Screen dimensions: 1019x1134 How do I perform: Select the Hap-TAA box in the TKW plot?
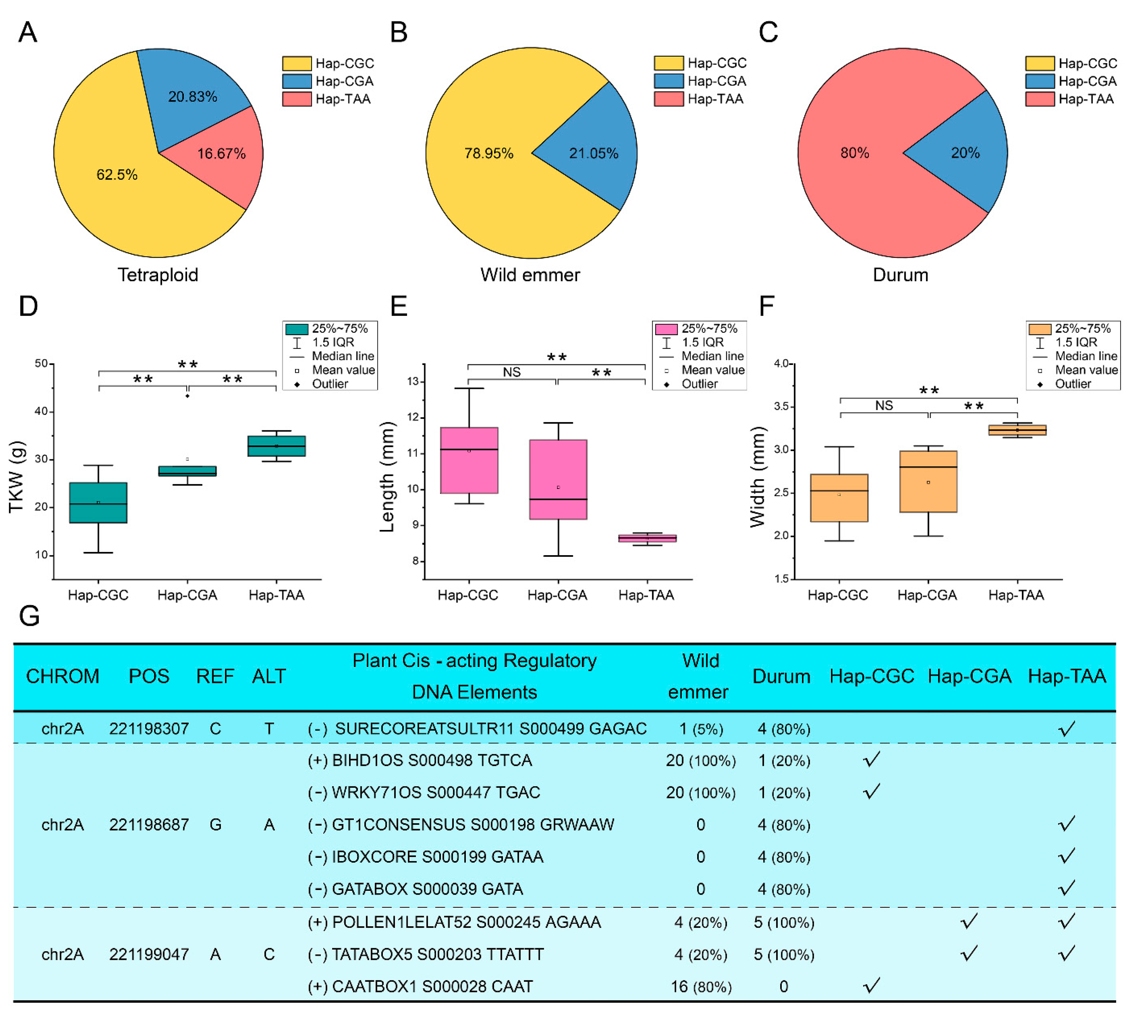point(276,446)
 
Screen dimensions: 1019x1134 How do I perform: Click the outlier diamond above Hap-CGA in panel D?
point(187,396)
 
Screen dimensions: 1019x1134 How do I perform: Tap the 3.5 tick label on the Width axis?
point(781,406)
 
